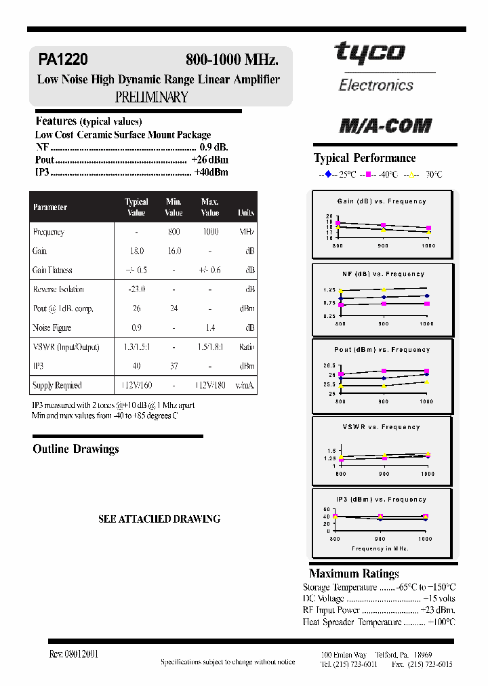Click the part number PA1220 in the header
(x=63, y=60)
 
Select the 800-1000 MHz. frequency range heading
(x=232, y=60)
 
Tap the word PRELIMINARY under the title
(x=151, y=97)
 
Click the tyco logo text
(x=369, y=53)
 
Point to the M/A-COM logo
(x=385, y=126)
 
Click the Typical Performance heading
(x=365, y=158)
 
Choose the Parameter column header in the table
(x=50, y=207)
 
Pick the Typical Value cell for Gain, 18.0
(x=136, y=251)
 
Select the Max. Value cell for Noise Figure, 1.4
(x=210, y=327)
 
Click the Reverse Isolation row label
(x=58, y=289)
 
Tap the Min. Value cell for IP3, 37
(x=174, y=366)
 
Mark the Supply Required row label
(x=57, y=386)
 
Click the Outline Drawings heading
(x=76, y=449)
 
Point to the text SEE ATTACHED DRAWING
(x=159, y=519)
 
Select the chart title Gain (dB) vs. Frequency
(x=382, y=201)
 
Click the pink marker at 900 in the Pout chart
(x=384, y=371)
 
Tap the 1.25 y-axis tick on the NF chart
(x=329, y=289)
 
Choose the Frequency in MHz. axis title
(x=380, y=548)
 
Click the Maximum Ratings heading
(x=354, y=573)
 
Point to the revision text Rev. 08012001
(x=74, y=654)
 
